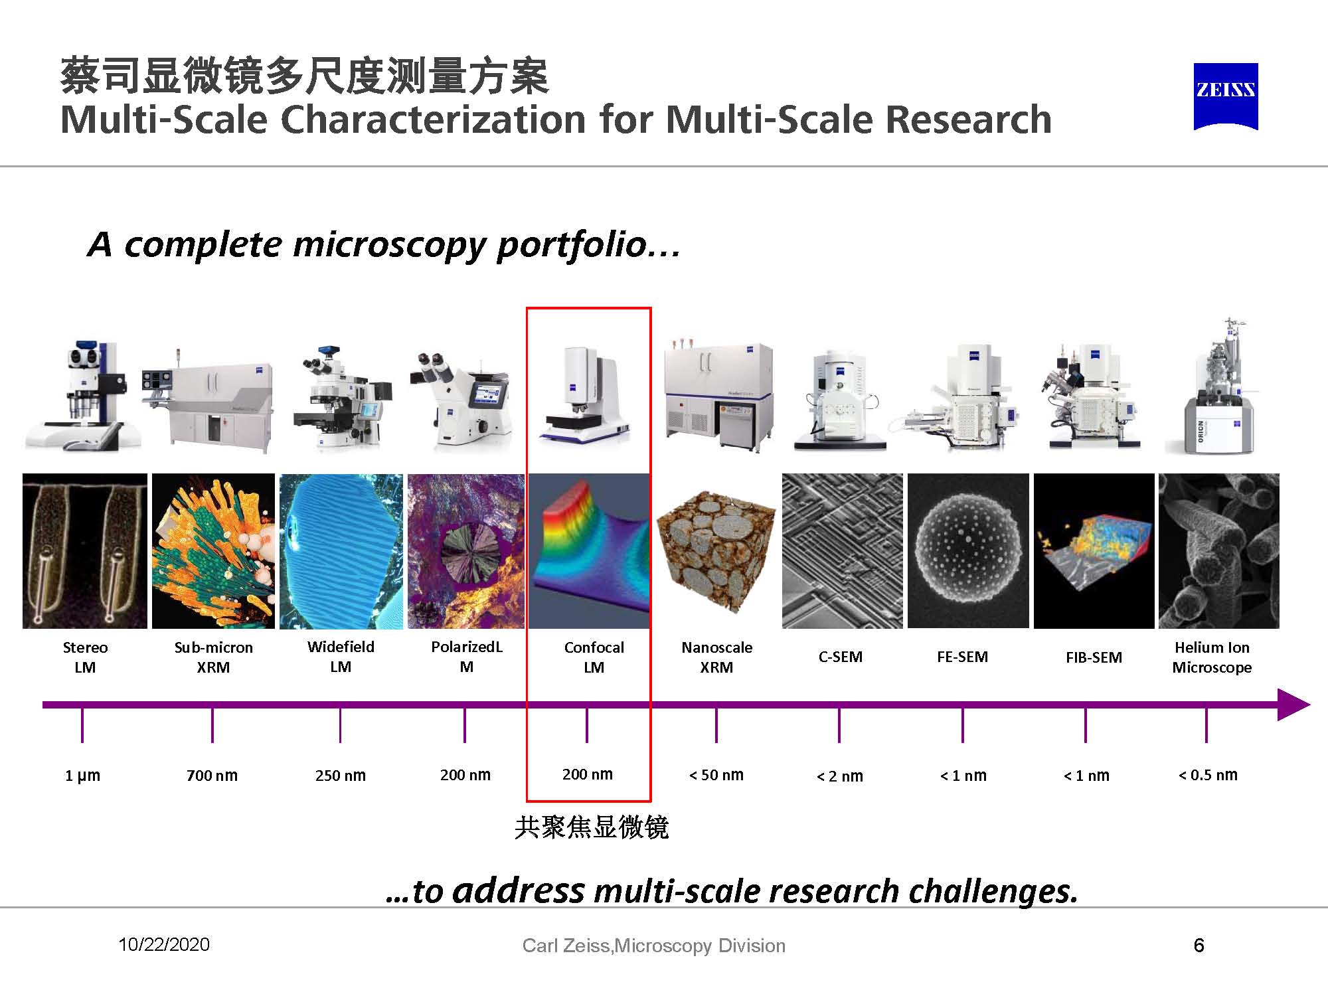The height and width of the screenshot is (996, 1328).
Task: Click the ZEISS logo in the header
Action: pos(1226,96)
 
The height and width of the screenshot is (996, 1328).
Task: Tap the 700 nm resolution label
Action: pos(212,775)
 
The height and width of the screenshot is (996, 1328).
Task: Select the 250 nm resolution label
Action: pos(340,775)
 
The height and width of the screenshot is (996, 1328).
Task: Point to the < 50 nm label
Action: pos(716,774)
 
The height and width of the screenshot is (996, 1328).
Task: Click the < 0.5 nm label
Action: pos(1208,774)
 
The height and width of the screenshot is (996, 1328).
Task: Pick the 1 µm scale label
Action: pos(82,776)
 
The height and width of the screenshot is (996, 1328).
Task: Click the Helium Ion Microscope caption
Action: pos(1212,657)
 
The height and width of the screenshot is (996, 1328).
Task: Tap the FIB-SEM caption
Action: pos(1094,657)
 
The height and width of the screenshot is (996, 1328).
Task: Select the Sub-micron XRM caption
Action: pos(213,657)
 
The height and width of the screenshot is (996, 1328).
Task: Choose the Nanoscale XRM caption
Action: pos(716,657)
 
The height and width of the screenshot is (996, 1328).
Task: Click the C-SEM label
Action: pos(840,657)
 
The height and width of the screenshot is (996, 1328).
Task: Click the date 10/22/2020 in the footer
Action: pos(164,945)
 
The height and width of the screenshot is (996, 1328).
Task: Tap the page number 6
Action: pos(1199,946)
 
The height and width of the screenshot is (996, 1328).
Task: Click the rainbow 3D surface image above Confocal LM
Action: pos(589,551)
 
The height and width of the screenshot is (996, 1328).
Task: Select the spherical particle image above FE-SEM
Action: pos(967,551)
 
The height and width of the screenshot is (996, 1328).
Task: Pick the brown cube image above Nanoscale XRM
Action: pos(716,551)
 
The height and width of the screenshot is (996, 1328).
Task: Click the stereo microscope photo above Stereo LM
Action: pos(84,397)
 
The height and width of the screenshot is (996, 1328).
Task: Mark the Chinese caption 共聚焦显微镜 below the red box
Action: pos(591,827)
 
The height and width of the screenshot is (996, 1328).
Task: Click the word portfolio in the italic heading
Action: pos(572,246)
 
